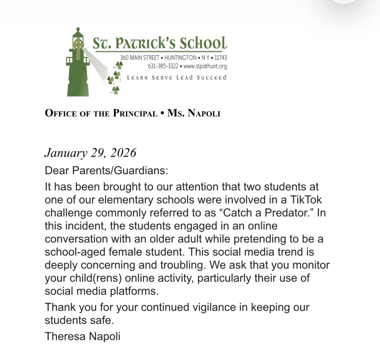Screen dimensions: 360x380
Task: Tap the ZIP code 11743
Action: tap(220, 58)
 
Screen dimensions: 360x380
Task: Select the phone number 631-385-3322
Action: tap(163, 66)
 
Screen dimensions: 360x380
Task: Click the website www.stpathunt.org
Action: tap(205, 66)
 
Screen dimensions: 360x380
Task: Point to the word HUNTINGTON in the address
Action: tap(180, 58)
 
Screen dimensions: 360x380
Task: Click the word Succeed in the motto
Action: tap(212, 78)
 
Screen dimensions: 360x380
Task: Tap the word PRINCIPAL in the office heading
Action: tap(135, 113)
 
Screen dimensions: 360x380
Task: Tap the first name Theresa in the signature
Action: tap(66, 336)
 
